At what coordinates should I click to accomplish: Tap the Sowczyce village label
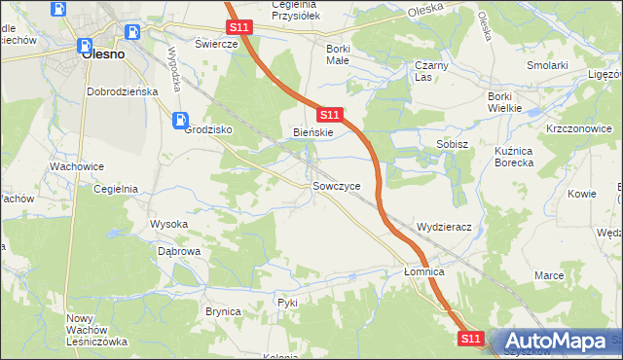pyautogui.click(x=337, y=185)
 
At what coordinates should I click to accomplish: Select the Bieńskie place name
pyautogui.click(x=313, y=132)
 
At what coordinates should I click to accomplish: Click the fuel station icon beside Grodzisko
pyautogui.click(x=180, y=121)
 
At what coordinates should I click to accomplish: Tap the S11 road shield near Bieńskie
pyautogui.click(x=329, y=115)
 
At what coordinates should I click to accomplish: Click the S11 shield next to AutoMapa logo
pyautogui.click(x=471, y=338)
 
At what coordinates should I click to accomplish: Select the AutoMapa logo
pyautogui.click(x=555, y=341)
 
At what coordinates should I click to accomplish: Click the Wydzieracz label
pyautogui.click(x=444, y=227)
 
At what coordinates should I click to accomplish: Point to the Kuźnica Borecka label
pyautogui.click(x=528, y=157)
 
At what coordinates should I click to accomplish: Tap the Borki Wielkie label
pyautogui.click(x=512, y=102)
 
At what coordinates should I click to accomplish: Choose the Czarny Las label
pyautogui.click(x=429, y=71)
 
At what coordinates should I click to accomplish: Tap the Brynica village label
pyautogui.click(x=223, y=310)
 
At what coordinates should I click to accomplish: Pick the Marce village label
pyautogui.click(x=549, y=275)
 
